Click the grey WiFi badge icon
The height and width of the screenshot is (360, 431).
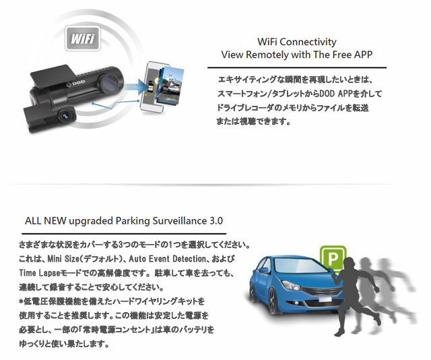coord(83,38)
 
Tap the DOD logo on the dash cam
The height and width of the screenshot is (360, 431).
coord(76,82)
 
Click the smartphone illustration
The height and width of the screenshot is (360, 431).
coord(154,87)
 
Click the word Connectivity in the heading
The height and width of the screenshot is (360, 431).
coord(308,42)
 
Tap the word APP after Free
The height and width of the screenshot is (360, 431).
coord(363,54)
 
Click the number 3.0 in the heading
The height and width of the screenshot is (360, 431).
coord(216,220)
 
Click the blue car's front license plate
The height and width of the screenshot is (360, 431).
coord(325,299)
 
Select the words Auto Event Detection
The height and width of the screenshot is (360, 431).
coord(168,259)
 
